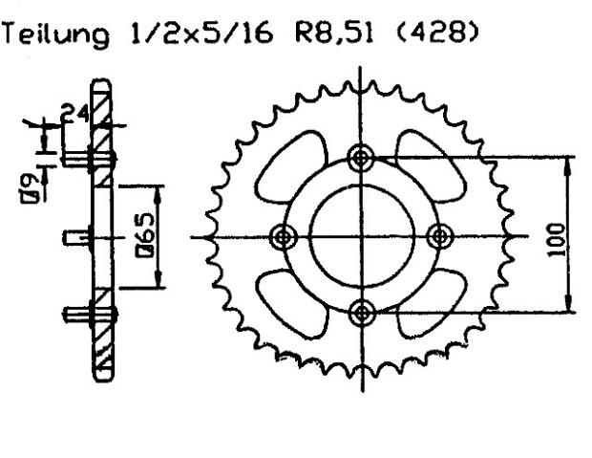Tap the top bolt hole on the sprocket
coord(360,158)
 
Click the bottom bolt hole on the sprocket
coord(360,313)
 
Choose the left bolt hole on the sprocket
coord(282,236)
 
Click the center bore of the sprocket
coord(360,236)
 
